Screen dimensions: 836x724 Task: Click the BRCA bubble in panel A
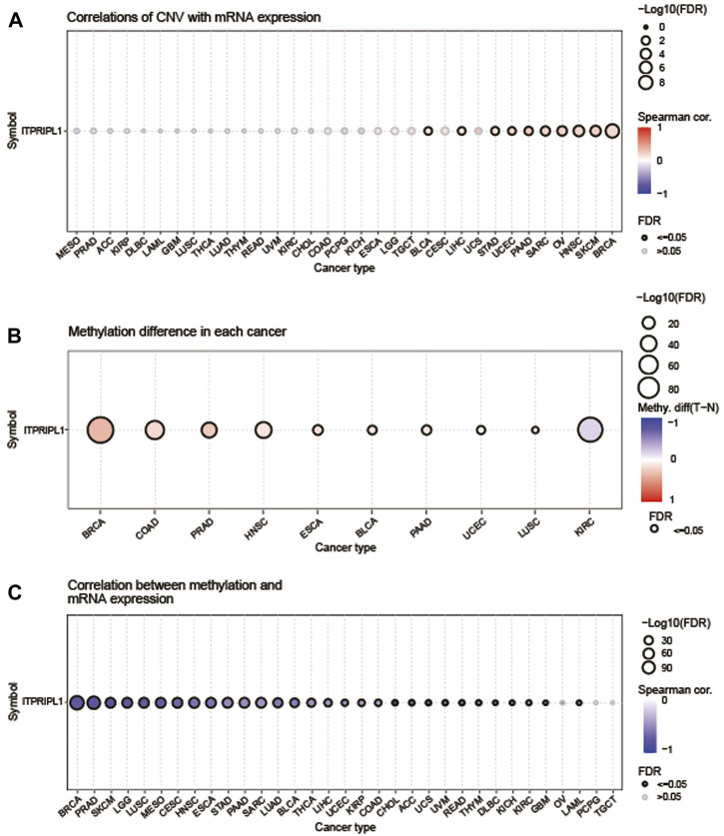(611, 130)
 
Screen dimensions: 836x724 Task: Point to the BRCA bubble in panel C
(76, 703)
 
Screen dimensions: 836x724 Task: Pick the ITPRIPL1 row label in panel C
(40, 703)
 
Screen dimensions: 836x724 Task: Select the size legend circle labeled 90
(645, 666)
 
